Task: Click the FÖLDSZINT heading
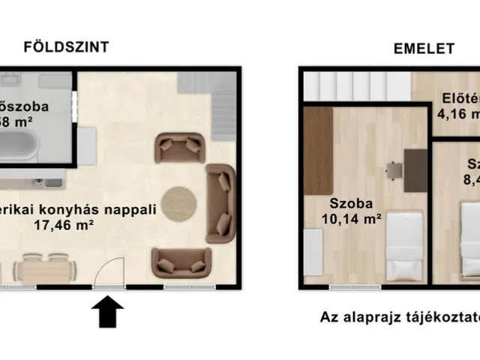(66, 46)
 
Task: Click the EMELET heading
(424, 49)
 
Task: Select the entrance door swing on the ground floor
(110, 271)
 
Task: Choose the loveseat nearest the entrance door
(180, 262)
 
